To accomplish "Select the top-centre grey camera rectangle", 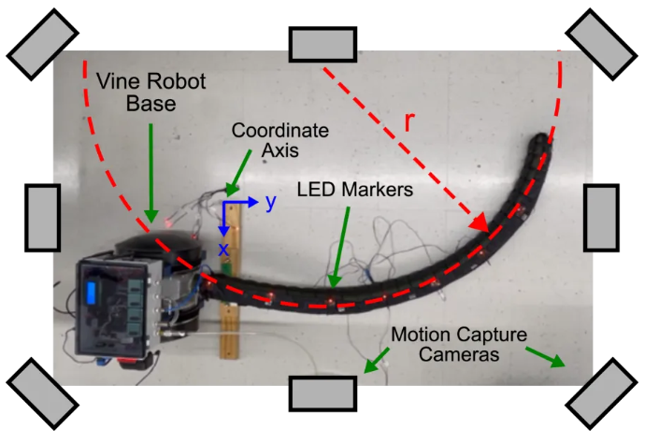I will click(x=322, y=45).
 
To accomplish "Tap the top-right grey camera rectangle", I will click(x=601, y=43).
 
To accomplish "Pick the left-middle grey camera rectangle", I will click(x=42, y=217).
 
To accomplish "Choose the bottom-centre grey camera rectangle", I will click(x=322, y=393).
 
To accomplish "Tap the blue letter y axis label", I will click(x=270, y=202).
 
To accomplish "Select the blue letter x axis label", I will click(x=223, y=249).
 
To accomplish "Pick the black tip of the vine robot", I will click(x=539, y=142).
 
